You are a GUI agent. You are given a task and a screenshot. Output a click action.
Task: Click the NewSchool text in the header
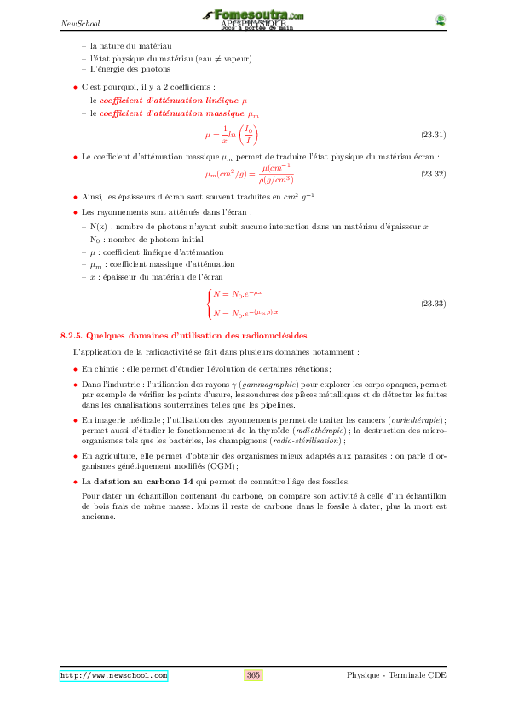point(81,23)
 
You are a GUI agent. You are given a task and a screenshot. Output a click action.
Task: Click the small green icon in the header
point(441,20)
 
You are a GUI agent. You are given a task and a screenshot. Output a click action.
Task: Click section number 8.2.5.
point(72,337)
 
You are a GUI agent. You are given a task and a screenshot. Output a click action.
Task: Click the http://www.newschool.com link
point(113,675)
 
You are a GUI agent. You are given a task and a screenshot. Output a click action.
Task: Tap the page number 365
point(253,675)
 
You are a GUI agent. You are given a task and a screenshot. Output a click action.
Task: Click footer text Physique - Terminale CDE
point(396,675)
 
